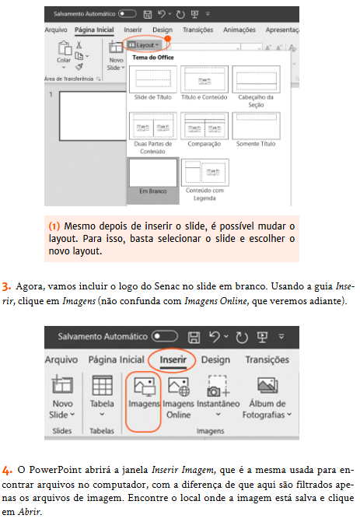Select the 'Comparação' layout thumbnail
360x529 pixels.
pos(204,126)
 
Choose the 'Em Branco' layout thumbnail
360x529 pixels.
pos(153,172)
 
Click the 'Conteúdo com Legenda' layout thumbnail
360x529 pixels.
pos(204,172)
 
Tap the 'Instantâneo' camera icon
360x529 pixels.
pos(217,387)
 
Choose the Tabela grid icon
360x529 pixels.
pos(102,387)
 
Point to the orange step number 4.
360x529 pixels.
pos(7,471)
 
